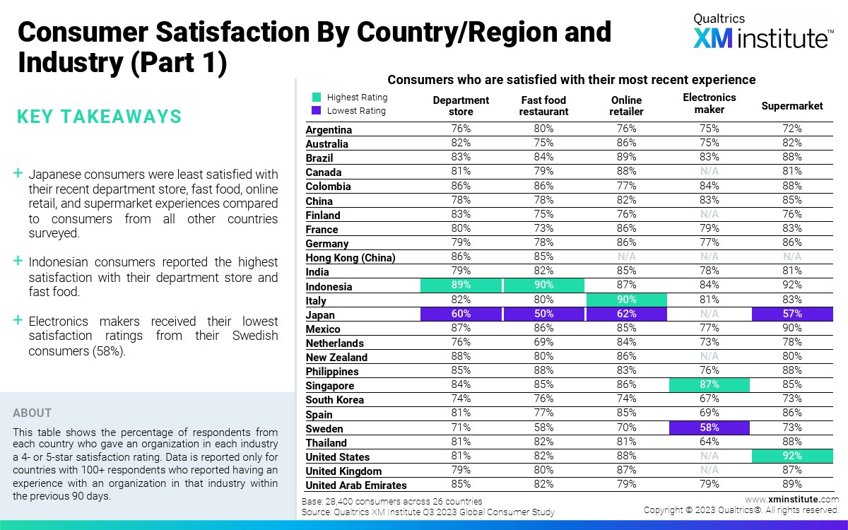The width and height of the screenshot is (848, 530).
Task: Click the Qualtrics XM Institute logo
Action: (x=762, y=32)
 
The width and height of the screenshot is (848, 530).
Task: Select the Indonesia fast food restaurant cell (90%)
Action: (x=543, y=285)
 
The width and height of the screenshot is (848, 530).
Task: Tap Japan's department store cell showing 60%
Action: (x=461, y=314)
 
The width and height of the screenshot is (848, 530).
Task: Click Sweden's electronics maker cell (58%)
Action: (x=709, y=428)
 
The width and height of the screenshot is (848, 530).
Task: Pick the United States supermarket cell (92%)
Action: (x=791, y=456)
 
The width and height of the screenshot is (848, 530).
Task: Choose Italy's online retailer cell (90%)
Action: (x=626, y=300)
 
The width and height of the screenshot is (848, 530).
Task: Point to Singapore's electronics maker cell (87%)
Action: (x=709, y=385)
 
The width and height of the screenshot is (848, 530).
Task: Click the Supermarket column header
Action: (x=791, y=106)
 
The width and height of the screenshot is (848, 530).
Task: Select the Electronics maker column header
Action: (x=709, y=103)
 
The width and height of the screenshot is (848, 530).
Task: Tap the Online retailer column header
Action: (x=626, y=106)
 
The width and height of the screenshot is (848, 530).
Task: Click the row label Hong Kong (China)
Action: (x=351, y=258)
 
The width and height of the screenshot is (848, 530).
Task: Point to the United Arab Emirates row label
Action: (x=356, y=485)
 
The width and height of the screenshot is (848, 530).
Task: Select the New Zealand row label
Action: (x=336, y=358)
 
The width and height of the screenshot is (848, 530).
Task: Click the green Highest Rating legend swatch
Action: (x=317, y=98)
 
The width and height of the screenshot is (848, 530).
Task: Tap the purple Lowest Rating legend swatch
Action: (x=317, y=110)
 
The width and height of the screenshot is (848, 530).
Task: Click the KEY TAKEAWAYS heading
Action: (x=99, y=117)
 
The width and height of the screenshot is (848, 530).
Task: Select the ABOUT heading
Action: (x=33, y=413)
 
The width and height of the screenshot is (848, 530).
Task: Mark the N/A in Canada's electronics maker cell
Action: (x=709, y=172)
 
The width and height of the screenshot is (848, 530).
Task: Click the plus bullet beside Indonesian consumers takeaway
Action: (x=18, y=261)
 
